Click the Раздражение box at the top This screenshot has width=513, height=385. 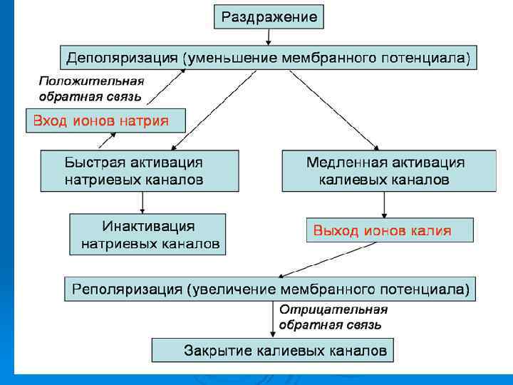(269, 16)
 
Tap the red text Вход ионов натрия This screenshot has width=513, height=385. (100, 120)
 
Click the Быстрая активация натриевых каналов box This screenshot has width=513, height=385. (139, 171)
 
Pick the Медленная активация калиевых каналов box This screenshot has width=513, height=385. (388, 171)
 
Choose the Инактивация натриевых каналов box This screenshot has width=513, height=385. (147, 235)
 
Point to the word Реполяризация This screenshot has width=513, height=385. (125, 289)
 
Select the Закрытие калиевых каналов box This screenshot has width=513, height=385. (272, 350)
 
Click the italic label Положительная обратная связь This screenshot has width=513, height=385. (90, 88)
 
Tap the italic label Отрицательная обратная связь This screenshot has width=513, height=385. (333, 317)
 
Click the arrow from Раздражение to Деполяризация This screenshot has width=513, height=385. (269, 38)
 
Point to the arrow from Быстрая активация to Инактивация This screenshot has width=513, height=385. (143, 202)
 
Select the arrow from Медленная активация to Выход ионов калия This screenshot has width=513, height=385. (385, 205)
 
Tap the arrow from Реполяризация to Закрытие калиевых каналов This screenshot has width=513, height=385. (273, 319)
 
